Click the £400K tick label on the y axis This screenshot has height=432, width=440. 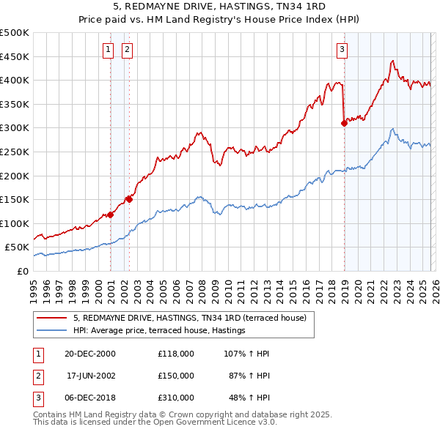[15, 81]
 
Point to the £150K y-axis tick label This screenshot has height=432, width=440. [15, 200]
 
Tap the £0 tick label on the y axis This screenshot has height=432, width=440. [23, 272]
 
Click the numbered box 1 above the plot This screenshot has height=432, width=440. [109, 50]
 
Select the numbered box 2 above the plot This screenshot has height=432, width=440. [127, 50]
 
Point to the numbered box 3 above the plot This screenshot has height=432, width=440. [342, 50]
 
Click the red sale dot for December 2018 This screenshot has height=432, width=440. [344, 123]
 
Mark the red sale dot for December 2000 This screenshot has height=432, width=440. [111, 215]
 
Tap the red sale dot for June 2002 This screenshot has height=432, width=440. [130, 199]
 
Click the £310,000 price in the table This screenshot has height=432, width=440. [175, 398]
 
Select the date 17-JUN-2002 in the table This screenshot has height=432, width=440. [90, 375]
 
